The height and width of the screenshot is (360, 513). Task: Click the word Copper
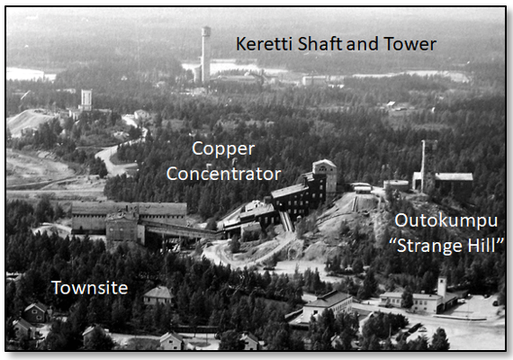coord(223,149)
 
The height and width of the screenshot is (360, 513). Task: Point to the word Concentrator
coord(224,174)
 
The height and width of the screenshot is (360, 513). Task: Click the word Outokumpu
coord(445,221)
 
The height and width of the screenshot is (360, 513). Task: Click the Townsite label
coord(90,288)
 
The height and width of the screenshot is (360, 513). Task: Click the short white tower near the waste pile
coord(86,100)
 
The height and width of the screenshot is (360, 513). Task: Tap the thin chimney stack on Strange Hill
coord(423,166)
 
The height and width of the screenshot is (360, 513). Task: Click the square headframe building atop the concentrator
coord(324,175)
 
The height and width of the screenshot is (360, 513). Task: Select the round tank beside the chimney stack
coord(396,185)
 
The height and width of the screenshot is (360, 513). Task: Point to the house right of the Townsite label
coord(158,295)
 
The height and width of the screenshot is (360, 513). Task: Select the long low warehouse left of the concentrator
coord(129,217)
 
